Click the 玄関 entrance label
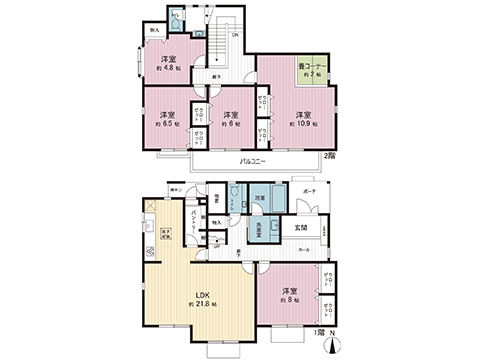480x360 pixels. coord(301,227)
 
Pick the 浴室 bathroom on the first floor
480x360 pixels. coord(259,200)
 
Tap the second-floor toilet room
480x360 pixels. coord(176,17)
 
